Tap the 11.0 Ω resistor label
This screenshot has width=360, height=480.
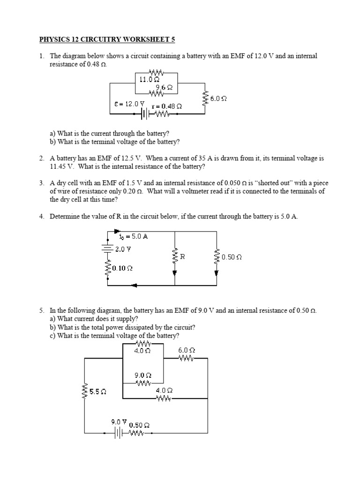149,80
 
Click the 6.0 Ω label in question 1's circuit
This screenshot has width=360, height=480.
218,98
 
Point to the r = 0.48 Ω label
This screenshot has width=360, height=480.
166,106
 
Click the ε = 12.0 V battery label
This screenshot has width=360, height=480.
129,104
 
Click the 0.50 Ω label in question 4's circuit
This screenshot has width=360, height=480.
232,257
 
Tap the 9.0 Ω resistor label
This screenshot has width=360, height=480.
142,375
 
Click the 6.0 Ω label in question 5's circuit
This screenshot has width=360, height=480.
186,350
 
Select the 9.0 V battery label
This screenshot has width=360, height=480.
119,421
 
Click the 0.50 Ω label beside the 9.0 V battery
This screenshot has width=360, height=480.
139,425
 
